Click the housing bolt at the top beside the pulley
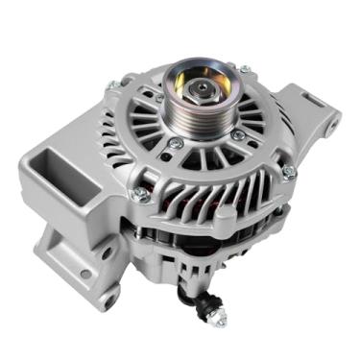point(246,70)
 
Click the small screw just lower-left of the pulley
point(174,143)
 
